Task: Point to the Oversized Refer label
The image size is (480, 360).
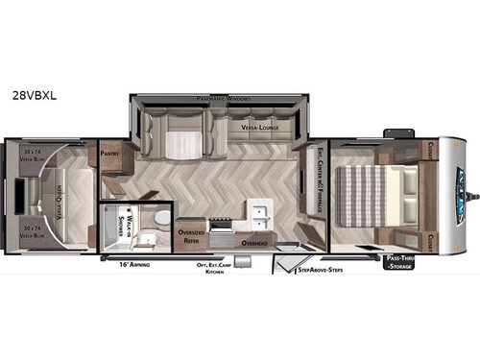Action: [191, 239]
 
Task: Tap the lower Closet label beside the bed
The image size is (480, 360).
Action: [430, 231]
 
